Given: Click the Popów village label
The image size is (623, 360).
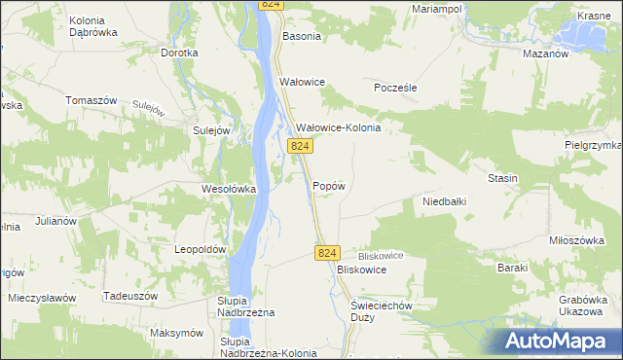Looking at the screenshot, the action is click(329, 186).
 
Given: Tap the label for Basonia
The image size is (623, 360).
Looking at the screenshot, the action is click(301, 37).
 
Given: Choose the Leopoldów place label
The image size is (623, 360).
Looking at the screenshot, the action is click(200, 249).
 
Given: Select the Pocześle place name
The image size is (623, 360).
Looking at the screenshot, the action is click(396, 87).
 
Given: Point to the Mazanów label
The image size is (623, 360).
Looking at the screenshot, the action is click(545, 54).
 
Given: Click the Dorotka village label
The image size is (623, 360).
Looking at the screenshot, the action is click(179, 54).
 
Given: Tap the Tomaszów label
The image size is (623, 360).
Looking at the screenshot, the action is click(91, 100).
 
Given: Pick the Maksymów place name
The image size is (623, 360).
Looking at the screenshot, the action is click(176, 333).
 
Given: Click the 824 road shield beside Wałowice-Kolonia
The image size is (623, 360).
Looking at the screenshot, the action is click(301, 146).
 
